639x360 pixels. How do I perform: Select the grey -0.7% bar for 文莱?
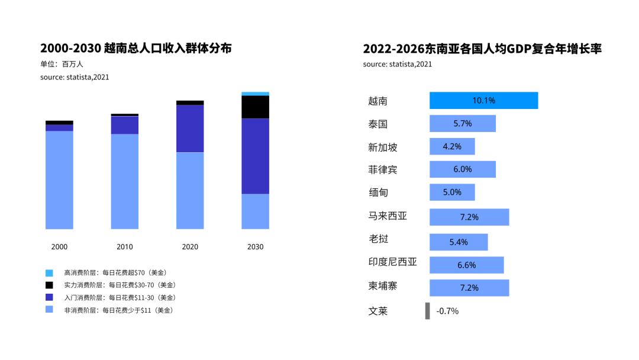coord(427,311)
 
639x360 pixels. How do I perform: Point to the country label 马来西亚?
coord(388,216)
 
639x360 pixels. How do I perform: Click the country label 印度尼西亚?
coord(392,262)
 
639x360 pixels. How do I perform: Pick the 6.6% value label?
coord(466,265)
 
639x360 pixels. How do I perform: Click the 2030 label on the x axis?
coord(255,247)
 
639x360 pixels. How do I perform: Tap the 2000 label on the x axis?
coord(59,247)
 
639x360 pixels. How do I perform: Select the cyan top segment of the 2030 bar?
coord(255,94)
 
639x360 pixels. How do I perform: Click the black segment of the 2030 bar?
coord(255,107)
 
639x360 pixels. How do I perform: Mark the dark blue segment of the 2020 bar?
coord(190,128)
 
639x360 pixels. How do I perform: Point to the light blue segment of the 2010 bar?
coord(125,181)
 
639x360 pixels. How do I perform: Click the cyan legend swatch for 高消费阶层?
coord(49,273)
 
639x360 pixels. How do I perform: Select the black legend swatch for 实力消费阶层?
coord(49,285)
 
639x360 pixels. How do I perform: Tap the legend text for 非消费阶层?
coord(118,310)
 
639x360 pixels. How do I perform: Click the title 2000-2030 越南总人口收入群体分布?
coord(135,49)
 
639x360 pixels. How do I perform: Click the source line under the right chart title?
coord(397,64)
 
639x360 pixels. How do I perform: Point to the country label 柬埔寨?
coord(383,286)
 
